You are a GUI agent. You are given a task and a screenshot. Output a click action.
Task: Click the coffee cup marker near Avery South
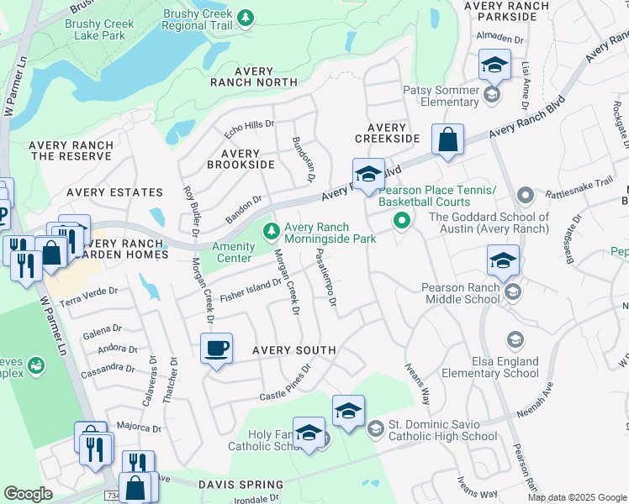pyautogui.click(x=217, y=348)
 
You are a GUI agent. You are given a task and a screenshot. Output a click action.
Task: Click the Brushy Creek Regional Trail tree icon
pyautogui.click(x=246, y=18)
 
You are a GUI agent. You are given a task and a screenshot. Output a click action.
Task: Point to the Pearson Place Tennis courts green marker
pyautogui.click(x=402, y=222)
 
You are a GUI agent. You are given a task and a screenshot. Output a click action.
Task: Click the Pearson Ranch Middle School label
pyautogui.click(x=465, y=288)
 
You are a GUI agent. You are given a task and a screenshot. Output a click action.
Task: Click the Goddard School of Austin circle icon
pyautogui.click(x=526, y=197)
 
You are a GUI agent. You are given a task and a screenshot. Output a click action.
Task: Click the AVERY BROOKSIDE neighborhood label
pyautogui.click(x=240, y=160)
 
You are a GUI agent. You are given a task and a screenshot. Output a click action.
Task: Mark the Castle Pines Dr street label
pyautogui.click(x=285, y=382)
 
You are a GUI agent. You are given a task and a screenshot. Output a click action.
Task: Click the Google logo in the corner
pyautogui.click(x=28, y=495)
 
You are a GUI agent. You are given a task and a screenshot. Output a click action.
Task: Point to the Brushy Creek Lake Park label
pyautogui.click(x=99, y=30)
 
